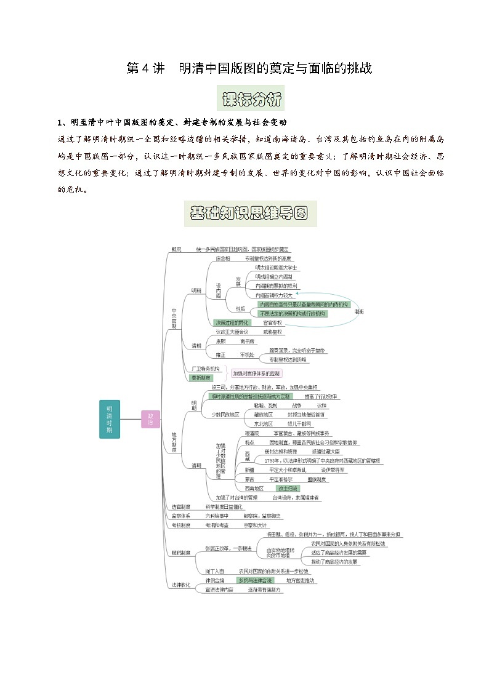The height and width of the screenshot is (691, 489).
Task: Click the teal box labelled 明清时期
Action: (x=109, y=419)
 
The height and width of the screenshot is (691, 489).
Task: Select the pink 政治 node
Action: (x=150, y=419)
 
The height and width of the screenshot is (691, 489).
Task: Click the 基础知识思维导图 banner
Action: (x=250, y=214)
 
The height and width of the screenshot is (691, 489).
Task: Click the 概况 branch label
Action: (x=176, y=249)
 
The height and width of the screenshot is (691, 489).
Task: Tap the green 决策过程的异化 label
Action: (x=232, y=322)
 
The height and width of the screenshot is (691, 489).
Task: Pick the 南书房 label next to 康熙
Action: (x=248, y=341)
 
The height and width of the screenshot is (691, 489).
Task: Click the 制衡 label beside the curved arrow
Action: (x=359, y=312)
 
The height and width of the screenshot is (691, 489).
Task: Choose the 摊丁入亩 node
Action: (x=215, y=571)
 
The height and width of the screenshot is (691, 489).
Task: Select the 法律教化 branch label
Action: (x=181, y=585)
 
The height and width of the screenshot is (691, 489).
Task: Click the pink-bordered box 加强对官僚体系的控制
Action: (x=256, y=373)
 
